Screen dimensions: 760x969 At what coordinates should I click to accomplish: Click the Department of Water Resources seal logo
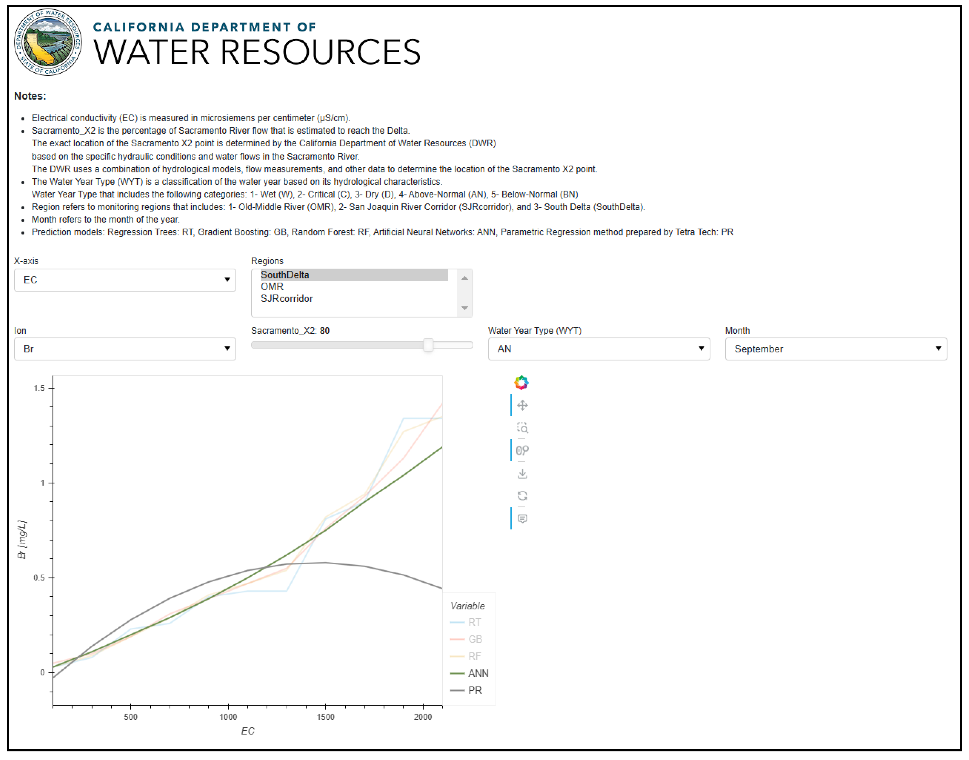[48, 43]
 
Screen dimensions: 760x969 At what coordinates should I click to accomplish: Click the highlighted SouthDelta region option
[285, 275]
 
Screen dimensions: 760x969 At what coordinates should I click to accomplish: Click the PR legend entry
[475, 691]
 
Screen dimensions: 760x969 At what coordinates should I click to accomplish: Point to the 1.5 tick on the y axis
[40, 388]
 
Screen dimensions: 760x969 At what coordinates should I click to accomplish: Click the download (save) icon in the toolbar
[522, 474]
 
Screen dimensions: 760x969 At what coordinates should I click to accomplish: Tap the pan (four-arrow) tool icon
[522, 406]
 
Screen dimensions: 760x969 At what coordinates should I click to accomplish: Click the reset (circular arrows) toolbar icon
[522, 496]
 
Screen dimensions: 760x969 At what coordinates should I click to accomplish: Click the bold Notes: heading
[30, 96]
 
